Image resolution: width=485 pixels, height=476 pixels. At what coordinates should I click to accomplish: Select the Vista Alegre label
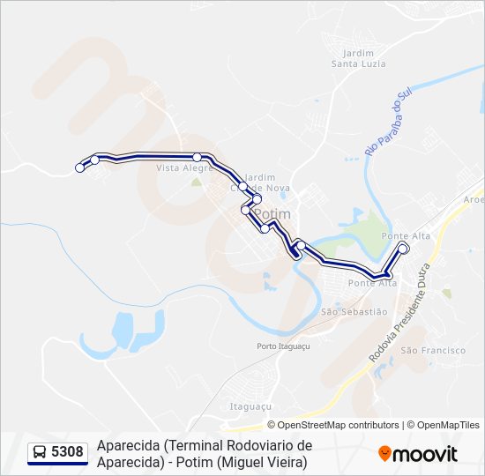(181, 167)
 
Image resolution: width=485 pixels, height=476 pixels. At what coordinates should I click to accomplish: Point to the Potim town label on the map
(271, 214)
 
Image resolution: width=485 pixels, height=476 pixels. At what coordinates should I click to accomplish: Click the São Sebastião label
(354, 311)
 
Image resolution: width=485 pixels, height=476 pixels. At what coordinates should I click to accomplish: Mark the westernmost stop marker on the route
(80, 167)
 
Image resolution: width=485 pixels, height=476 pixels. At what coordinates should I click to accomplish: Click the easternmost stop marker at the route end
(404, 249)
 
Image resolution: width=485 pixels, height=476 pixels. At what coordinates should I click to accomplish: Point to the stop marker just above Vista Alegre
(198, 157)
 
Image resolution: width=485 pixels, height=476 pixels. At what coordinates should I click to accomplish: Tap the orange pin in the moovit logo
(384, 454)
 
